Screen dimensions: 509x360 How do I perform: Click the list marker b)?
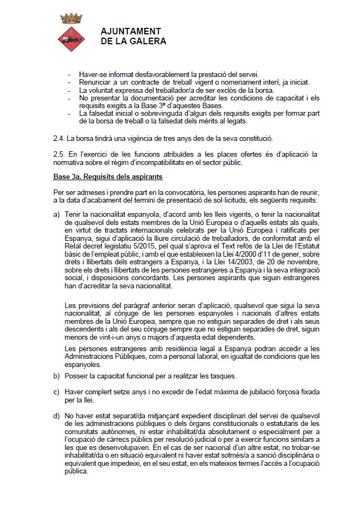(x=57, y=376)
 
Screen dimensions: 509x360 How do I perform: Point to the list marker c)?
(x=57, y=392)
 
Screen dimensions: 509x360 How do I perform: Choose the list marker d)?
(x=57, y=418)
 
